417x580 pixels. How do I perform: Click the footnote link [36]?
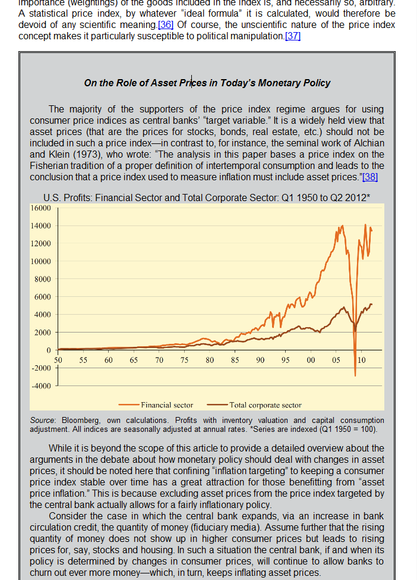(x=165, y=25)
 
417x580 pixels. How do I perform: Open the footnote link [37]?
(x=293, y=36)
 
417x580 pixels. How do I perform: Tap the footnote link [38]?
(x=369, y=177)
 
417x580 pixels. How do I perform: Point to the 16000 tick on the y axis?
(x=40, y=208)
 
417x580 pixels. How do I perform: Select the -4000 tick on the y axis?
(x=40, y=385)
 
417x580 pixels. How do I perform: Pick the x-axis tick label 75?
(x=185, y=360)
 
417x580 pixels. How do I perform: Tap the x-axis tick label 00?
(x=311, y=360)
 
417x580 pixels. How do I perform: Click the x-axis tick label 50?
(x=58, y=360)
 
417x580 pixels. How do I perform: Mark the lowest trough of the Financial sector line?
(x=355, y=375)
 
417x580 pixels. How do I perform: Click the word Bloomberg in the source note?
(x=83, y=421)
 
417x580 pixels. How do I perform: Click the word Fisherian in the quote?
(x=51, y=165)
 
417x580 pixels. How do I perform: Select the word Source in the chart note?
(x=43, y=421)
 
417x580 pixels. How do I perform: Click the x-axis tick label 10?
(x=362, y=360)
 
